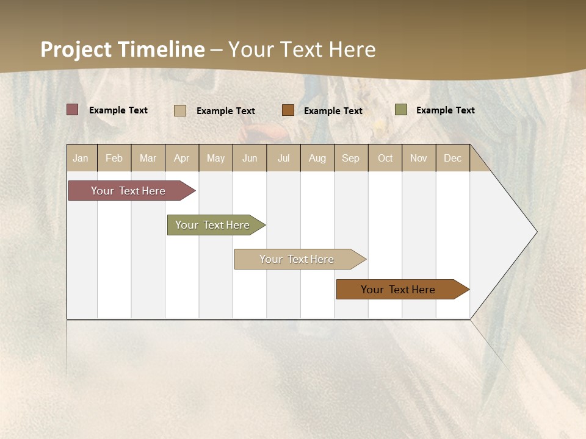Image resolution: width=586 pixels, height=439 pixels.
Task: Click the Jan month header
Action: pyautogui.click(x=81, y=158)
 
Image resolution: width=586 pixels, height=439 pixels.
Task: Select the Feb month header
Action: pyautogui.click(x=114, y=158)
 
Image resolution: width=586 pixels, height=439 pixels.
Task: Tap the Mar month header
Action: pyautogui.click(x=148, y=158)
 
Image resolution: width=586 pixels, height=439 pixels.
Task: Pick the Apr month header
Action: pyautogui.click(x=182, y=158)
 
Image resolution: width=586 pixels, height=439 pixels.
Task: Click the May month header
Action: pyautogui.click(x=215, y=158)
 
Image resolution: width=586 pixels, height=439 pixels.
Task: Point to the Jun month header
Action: pyautogui.click(x=250, y=158)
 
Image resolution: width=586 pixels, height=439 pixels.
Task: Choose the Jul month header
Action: pyautogui.click(x=283, y=158)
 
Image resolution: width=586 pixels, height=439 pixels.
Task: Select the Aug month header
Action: pyautogui.click(x=317, y=158)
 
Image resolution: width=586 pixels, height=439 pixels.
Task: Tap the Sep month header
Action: pyautogui.click(x=351, y=158)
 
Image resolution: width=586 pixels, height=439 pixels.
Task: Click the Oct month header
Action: pyautogui.click(x=385, y=158)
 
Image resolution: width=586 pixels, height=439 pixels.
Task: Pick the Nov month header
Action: pyautogui.click(x=419, y=158)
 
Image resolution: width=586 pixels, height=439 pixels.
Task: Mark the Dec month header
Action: pyautogui.click(x=453, y=158)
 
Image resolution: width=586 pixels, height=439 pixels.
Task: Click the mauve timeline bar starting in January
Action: pyautogui.click(x=129, y=191)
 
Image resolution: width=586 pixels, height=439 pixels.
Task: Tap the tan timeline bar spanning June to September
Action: pyautogui.click(x=297, y=259)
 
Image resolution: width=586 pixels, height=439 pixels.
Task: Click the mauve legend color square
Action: pyautogui.click(x=73, y=110)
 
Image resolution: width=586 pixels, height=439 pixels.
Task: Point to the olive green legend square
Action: pyautogui.click(x=400, y=110)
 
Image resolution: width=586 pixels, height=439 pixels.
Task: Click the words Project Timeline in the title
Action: pyautogui.click(x=123, y=49)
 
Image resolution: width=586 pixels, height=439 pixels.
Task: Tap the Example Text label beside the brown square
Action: pyautogui.click(x=333, y=111)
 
